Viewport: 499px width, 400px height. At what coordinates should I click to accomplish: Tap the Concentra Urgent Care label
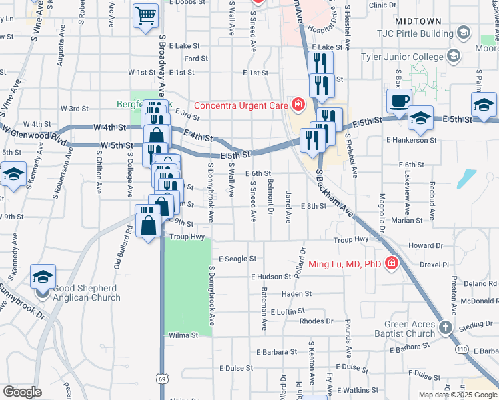pos(240,105)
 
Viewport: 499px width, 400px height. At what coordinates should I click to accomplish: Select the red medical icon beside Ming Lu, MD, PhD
pos(390,264)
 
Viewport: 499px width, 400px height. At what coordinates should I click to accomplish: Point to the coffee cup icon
pos(400,101)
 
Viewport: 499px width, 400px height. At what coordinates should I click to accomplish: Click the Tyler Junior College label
pos(404,55)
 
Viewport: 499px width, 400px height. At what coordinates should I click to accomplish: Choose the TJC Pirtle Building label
pos(433,32)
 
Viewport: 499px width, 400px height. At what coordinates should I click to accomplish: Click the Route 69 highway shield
pos(162,379)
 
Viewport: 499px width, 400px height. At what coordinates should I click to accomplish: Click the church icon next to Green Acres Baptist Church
pos(446,327)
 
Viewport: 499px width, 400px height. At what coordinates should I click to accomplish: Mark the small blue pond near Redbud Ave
pos(468,178)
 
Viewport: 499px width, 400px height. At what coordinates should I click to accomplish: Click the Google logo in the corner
pos(23,392)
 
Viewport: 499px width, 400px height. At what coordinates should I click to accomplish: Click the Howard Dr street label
pos(425,246)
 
